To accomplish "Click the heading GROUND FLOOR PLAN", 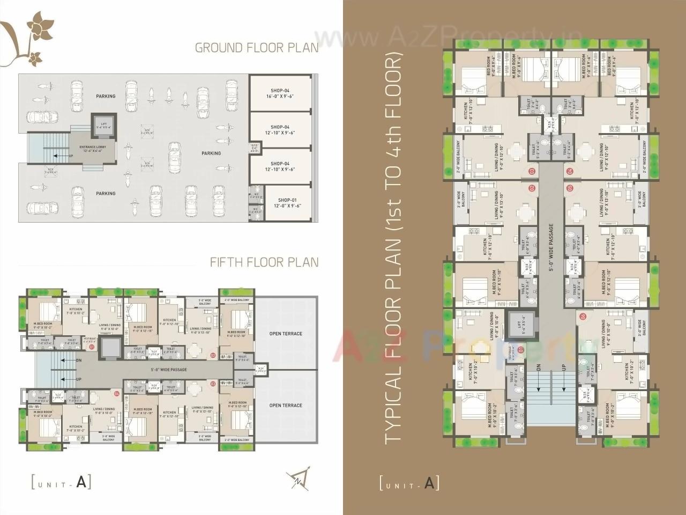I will (256, 48).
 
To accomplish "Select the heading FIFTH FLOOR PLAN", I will (264, 262).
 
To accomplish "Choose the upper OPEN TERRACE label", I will (286, 334).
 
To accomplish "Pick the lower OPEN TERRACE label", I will (286, 406).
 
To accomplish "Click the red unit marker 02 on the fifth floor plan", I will (212, 355).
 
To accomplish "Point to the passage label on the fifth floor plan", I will (167, 370).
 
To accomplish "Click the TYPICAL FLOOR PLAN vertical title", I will (393, 247).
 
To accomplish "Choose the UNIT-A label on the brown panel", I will (409, 483).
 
